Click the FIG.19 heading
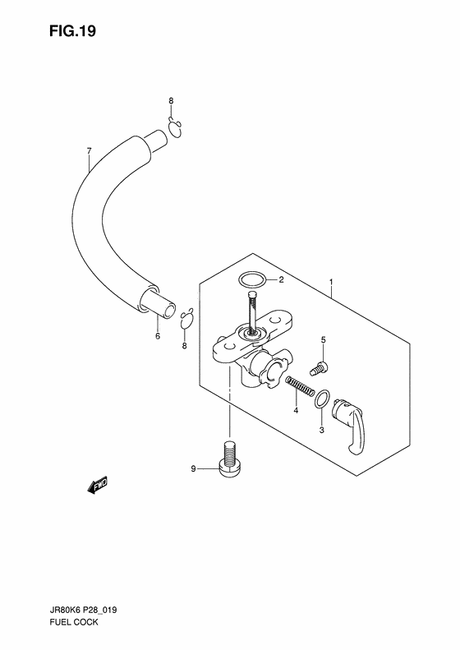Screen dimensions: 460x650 (72, 31)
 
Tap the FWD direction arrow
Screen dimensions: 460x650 (98, 484)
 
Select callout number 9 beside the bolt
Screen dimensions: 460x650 (193, 469)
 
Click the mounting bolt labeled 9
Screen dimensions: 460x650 (229, 459)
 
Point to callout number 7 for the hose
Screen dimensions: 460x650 (89, 151)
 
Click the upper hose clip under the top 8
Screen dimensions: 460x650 (175, 127)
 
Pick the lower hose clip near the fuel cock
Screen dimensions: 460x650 (187, 318)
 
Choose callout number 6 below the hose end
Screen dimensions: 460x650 (158, 336)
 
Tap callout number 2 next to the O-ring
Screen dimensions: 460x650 (281, 280)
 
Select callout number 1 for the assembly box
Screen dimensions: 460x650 (331, 283)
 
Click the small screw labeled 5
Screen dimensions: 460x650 (319, 368)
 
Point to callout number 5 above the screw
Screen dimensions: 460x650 (324, 340)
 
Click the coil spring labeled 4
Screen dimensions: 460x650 (300, 386)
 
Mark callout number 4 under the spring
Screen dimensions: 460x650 (296, 410)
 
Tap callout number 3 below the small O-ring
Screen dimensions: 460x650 (321, 431)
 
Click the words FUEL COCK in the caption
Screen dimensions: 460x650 (74, 622)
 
